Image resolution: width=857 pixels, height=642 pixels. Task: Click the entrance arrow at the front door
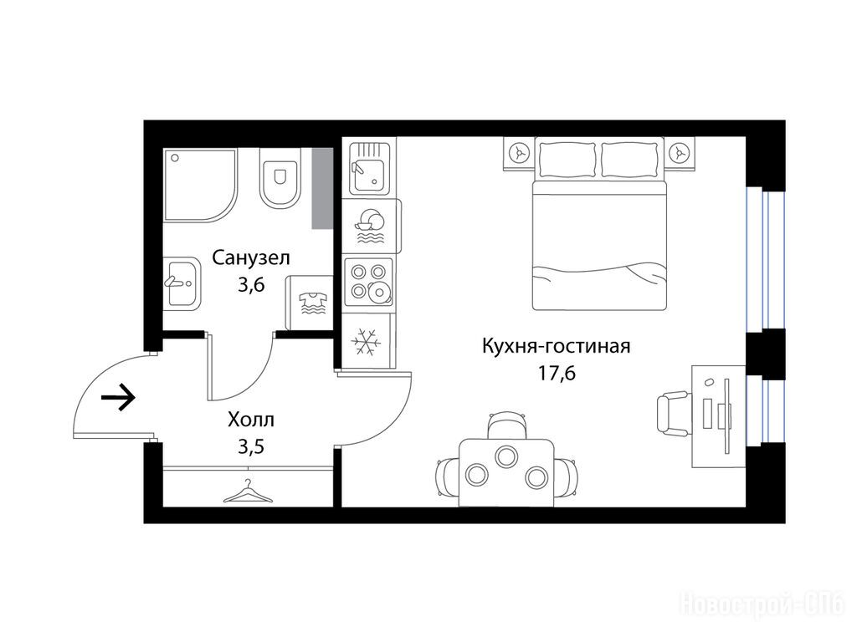[x=118, y=397]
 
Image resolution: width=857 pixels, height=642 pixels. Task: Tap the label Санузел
[x=251, y=257]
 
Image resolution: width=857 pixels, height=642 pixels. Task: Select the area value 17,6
[x=557, y=374]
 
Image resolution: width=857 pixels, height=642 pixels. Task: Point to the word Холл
[x=251, y=420]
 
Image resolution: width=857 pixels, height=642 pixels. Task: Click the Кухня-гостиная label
[x=557, y=346]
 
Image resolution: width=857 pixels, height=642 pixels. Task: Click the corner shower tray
[x=200, y=185]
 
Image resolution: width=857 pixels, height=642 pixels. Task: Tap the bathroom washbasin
[x=182, y=283]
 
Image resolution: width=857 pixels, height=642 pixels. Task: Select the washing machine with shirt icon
[x=310, y=303]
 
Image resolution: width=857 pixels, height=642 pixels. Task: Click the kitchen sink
[x=369, y=167]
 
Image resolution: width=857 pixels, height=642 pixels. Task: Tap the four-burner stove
[x=368, y=282]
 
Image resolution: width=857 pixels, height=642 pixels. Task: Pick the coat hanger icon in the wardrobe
[x=248, y=492]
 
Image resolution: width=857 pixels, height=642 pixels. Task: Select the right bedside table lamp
[x=680, y=154]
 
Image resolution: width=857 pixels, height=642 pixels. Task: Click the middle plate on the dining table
[x=505, y=456]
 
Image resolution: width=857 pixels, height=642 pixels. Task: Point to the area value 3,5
[x=251, y=446]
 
